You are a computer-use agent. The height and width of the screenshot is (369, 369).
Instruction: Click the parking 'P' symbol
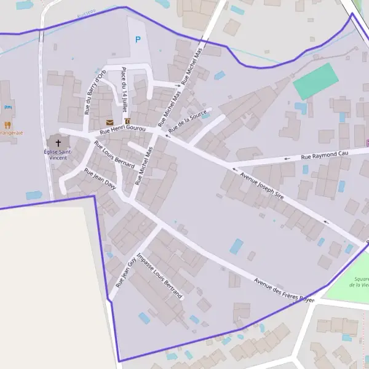[137, 39]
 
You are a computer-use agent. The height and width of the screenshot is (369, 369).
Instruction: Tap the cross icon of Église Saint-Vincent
[58, 142]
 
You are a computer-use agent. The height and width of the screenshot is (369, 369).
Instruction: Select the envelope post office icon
[109, 122]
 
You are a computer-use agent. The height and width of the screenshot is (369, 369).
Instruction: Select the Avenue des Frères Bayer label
[284, 290]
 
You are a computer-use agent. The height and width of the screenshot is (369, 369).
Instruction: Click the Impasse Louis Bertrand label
[160, 276]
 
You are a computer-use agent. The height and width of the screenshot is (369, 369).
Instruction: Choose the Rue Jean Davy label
[100, 179]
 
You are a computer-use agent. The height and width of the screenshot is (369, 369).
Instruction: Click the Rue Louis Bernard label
[114, 154]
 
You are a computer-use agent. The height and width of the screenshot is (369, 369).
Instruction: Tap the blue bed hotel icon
[8, 108]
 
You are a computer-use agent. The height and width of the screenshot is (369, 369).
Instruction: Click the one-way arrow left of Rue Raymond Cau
[287, 159]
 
